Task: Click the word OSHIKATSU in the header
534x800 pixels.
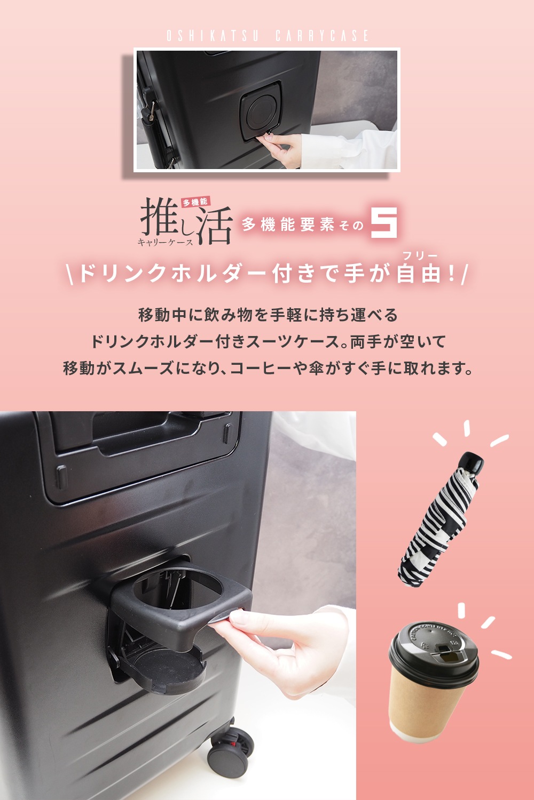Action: tap(213, 36)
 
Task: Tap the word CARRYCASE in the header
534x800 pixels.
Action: tap(322, 36)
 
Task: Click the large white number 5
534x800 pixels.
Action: tap(384, 222)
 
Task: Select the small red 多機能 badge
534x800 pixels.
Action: tap(195, 202)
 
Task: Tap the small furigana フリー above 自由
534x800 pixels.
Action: tap(420, 255)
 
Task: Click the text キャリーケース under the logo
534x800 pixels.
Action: tap(165, 242)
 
